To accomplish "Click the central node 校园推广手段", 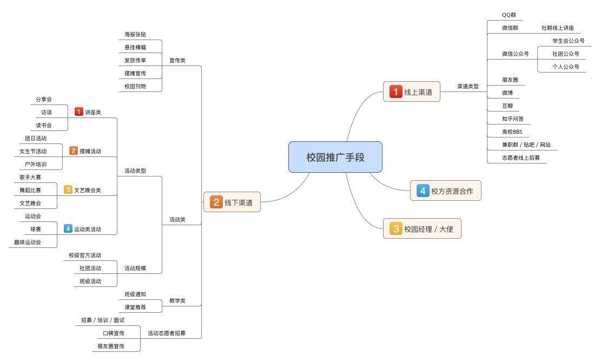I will (335, 157).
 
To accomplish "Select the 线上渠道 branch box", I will (412, 92).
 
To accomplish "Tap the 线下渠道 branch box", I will (232, 202).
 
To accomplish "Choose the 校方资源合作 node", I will (446, 191).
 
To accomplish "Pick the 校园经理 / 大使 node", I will (422, 229).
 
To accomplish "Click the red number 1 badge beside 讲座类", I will (79, 112).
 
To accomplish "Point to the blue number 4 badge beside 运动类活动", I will (68, 229).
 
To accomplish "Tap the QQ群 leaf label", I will (509, 15).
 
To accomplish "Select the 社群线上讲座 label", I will (557, 28).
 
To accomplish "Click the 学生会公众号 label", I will (568, 41).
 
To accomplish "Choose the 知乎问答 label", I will (512, 119).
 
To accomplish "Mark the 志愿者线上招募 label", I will (520, 158).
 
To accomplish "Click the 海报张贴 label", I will (135, 35).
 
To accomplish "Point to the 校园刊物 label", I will (135, 86).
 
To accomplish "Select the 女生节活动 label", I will (33, 152).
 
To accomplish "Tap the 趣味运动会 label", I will (28, 242).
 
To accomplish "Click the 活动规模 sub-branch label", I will (135, 268).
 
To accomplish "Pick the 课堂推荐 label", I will (135, 307).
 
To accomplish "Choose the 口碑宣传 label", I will (114, 333).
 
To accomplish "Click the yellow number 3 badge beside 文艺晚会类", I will (68, 189).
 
